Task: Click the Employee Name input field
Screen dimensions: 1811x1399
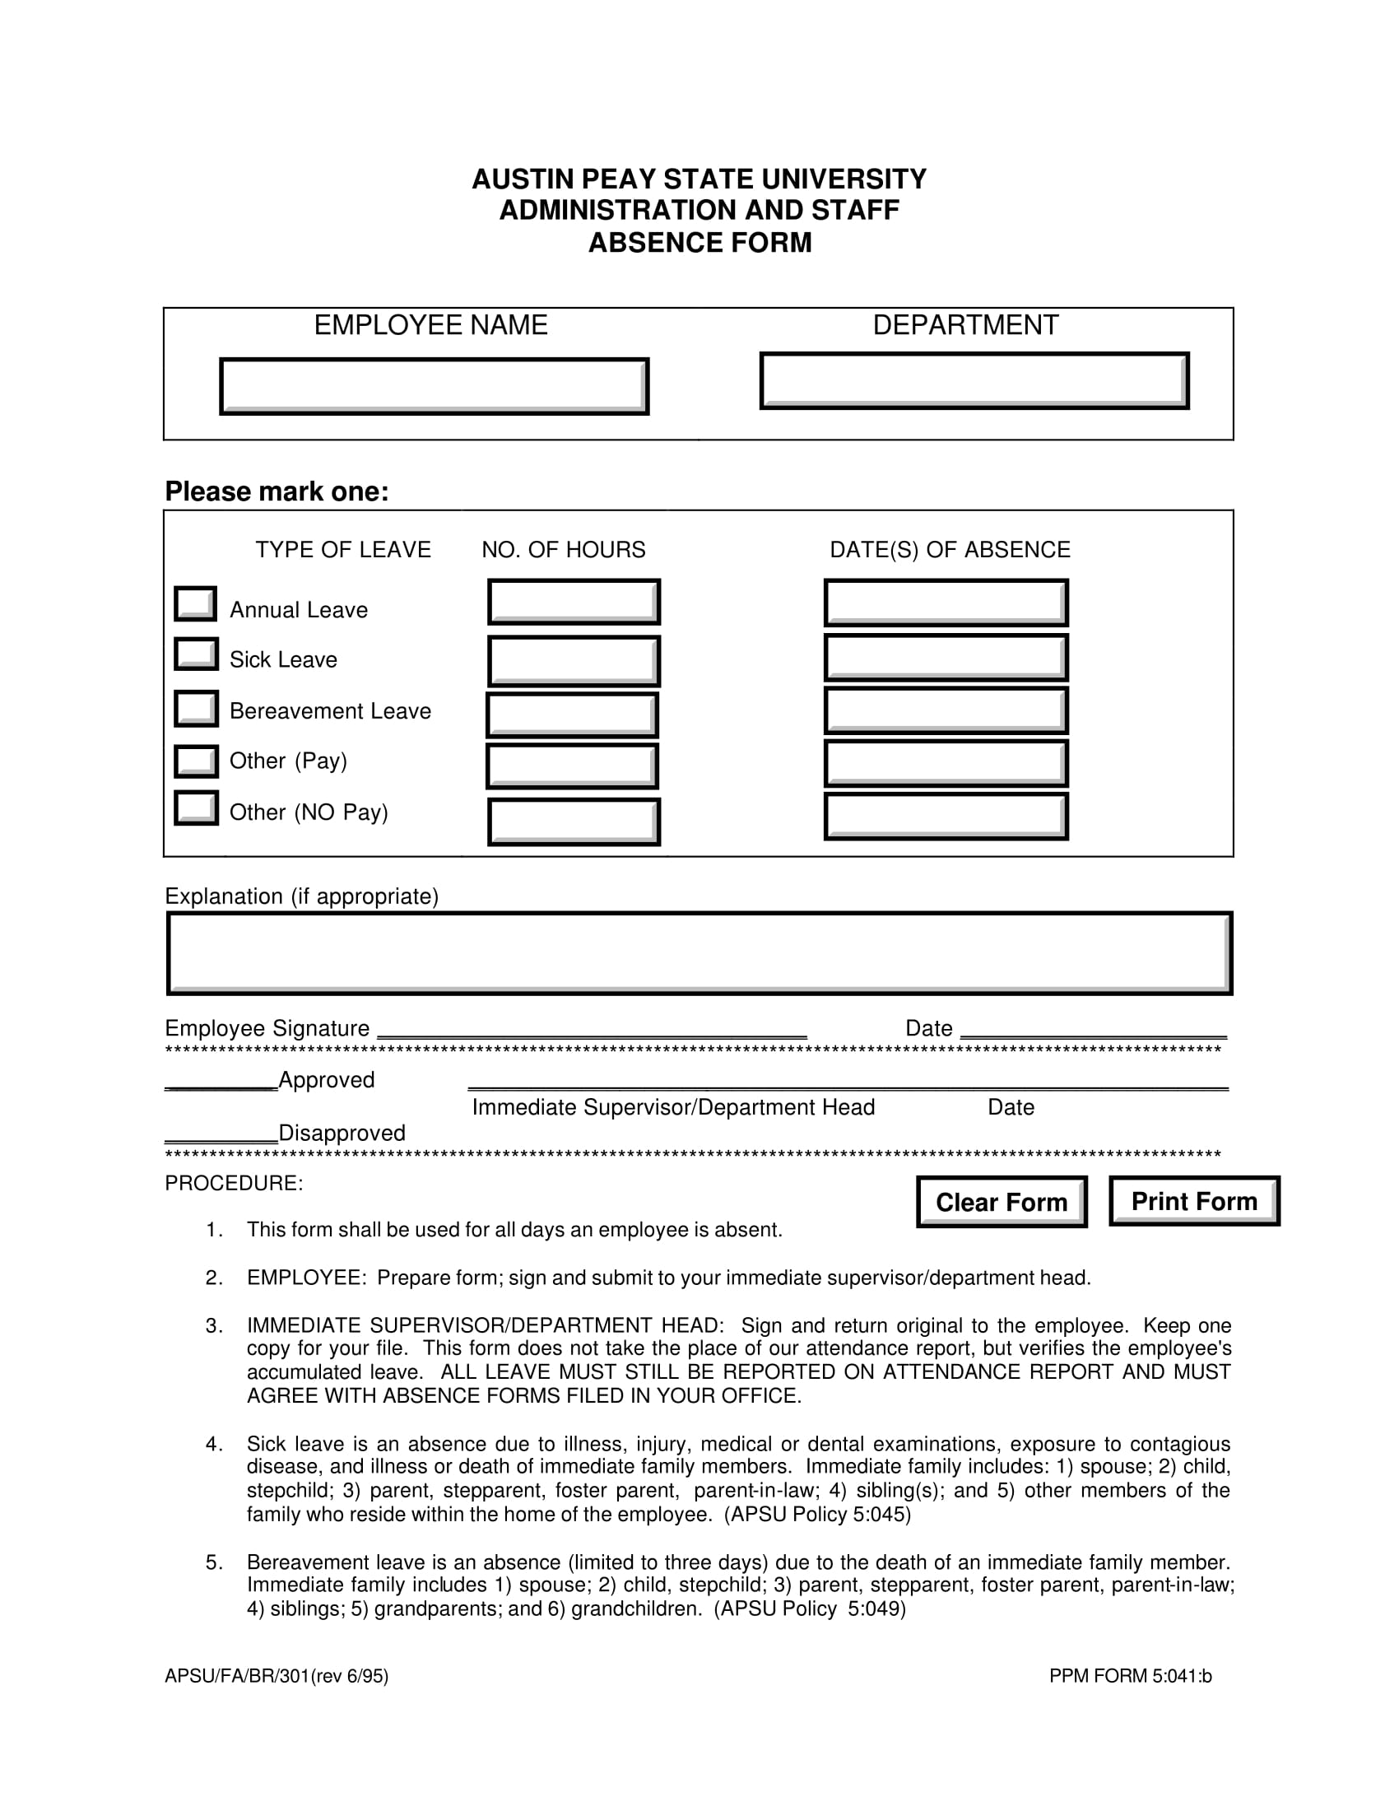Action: [434, 385]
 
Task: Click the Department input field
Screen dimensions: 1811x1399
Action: [974, 380]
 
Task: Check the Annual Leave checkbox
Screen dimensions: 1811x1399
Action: [196, 603]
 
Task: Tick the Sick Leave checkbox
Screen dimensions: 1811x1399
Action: [196, 654]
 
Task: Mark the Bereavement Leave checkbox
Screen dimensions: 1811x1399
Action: [196, 708]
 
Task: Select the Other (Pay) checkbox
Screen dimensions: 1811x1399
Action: [196, 761]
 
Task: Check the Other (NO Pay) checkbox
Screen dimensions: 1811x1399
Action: [196, 808]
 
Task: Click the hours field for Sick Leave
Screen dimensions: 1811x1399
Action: [574, 660]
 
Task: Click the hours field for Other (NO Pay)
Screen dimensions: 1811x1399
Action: [574, 822]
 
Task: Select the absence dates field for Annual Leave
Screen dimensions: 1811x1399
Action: [946, 603]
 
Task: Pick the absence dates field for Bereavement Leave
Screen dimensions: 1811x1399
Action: [946, 710]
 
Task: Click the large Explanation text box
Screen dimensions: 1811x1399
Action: [699, 952]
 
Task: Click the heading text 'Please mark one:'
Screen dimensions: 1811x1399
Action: [277, 491]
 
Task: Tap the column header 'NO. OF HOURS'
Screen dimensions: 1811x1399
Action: [564, 550]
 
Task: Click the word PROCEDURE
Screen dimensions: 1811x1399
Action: [233, 1183]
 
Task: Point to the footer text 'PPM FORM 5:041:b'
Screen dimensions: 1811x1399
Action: [1130, 1676]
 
